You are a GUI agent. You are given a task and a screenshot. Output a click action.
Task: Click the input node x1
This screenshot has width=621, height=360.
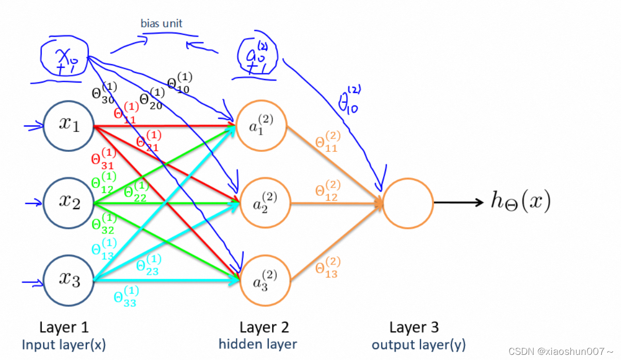click(x=68, y=126)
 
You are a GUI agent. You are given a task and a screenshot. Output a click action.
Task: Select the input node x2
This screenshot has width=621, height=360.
click(x=68, y=202)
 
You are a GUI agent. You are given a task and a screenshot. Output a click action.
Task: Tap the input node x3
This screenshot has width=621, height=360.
click(x=68, y=280)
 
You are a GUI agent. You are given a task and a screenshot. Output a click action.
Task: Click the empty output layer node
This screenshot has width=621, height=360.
click(x=408, y=202)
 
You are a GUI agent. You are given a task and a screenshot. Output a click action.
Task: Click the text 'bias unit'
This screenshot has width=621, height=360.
click(x=162, y=23)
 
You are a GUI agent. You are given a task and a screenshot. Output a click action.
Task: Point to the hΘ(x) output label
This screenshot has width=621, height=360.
click(x=520, y=202)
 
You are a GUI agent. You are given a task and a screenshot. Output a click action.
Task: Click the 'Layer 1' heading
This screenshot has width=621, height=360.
click(x=64, y=327)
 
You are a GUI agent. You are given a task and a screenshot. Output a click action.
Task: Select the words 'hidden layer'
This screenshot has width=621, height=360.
click(x=258, y=343)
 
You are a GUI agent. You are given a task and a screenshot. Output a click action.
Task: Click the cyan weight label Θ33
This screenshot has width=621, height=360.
click(x=125, y=298)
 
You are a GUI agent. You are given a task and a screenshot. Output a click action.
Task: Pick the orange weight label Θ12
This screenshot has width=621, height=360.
click(x=326, y=191)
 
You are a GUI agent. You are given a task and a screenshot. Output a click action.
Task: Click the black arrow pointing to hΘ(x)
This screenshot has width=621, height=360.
click(x=457, y=202)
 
